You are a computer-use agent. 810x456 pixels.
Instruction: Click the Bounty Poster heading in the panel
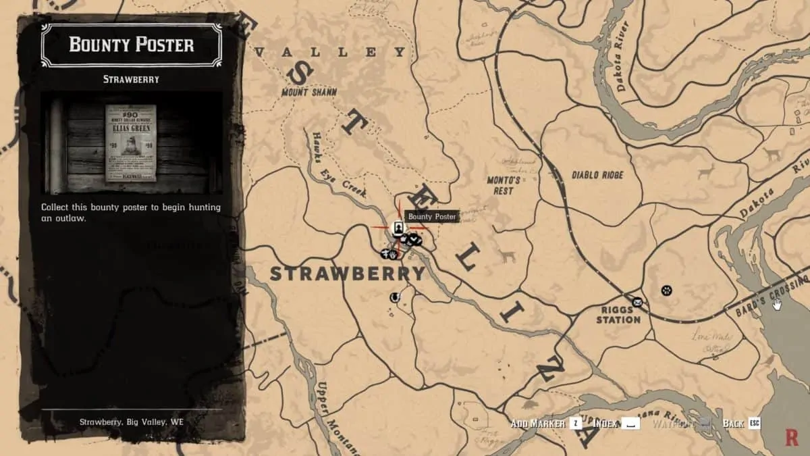pyautogui.click(x=131, y=45)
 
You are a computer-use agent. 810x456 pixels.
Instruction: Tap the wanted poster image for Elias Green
pyautogui.click(x=130, y=143)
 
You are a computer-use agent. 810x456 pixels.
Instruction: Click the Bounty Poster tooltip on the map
pyautogui.click(x=432, y=217)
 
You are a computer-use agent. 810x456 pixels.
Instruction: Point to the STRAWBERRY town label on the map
pyautogui.click(x=348, y=274)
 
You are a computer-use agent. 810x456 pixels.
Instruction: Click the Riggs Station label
pyautogui.click(x=618, y=314)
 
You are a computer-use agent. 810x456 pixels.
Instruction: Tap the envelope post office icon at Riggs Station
pyautogui.click(x=637, y=302)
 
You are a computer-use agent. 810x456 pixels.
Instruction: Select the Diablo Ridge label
pyautogui.click(x=597, y=175)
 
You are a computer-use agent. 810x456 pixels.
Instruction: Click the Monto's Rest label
pyautogui.click(x=504, y=186)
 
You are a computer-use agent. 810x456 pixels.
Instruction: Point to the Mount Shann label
pyautogui.click(x=309, y=93)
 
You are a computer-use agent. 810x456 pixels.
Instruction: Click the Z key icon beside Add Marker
pyautogui.click(x=575, y=424)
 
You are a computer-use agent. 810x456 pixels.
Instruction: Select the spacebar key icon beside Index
pyautogui.click(x=630, y=424)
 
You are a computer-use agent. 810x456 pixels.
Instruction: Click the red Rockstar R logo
pyautogui.click(x=792, y=436)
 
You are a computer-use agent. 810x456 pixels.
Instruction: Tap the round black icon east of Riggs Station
pyautogui.click(x=666, y=290)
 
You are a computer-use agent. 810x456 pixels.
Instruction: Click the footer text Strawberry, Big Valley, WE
pyautogui.click(x=131, y=422)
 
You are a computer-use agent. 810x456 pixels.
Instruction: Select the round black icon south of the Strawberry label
pyautogui.click(x=395, y=297)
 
